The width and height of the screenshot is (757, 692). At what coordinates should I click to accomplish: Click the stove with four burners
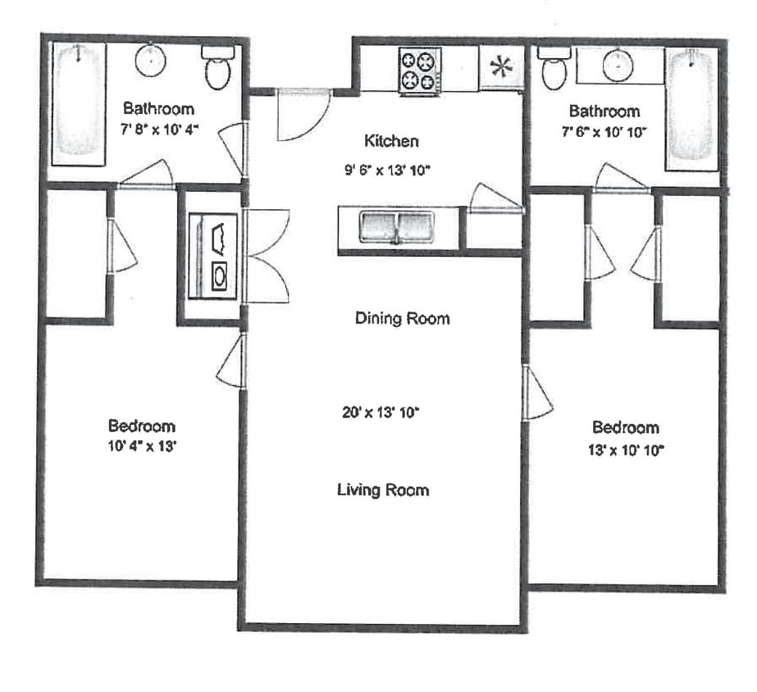419,71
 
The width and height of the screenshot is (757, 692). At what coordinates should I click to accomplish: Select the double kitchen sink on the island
396,226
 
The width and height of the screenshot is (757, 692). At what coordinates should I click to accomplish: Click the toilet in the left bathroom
217,69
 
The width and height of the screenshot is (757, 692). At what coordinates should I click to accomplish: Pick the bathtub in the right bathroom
691,107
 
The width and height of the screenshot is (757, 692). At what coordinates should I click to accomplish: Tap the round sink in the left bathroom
151,60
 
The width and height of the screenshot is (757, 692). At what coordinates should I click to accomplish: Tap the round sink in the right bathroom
618,65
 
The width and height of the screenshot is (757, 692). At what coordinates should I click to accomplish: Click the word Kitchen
392,141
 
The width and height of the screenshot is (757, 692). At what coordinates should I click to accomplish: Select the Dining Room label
402,318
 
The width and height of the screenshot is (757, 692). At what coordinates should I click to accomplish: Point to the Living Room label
383,490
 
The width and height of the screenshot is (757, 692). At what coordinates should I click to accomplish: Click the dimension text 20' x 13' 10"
381,412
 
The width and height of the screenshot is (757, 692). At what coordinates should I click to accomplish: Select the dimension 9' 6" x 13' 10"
387,171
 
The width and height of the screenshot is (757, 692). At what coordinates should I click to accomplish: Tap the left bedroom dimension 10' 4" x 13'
142,447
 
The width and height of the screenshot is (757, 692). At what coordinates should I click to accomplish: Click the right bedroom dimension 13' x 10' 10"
625,448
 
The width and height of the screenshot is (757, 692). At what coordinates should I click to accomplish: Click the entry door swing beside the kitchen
301,114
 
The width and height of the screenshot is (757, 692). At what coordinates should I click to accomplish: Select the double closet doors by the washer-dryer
267,256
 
